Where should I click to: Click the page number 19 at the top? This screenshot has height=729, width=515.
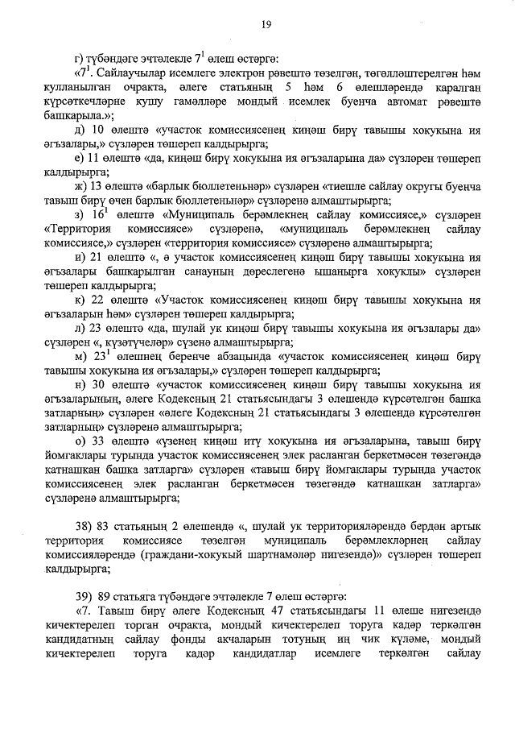tap(265, 26)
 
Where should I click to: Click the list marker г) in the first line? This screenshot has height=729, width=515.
tap(78, 56)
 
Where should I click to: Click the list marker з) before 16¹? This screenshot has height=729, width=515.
tap(78, 216)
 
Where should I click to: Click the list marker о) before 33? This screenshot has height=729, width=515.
tap(78, 442)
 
